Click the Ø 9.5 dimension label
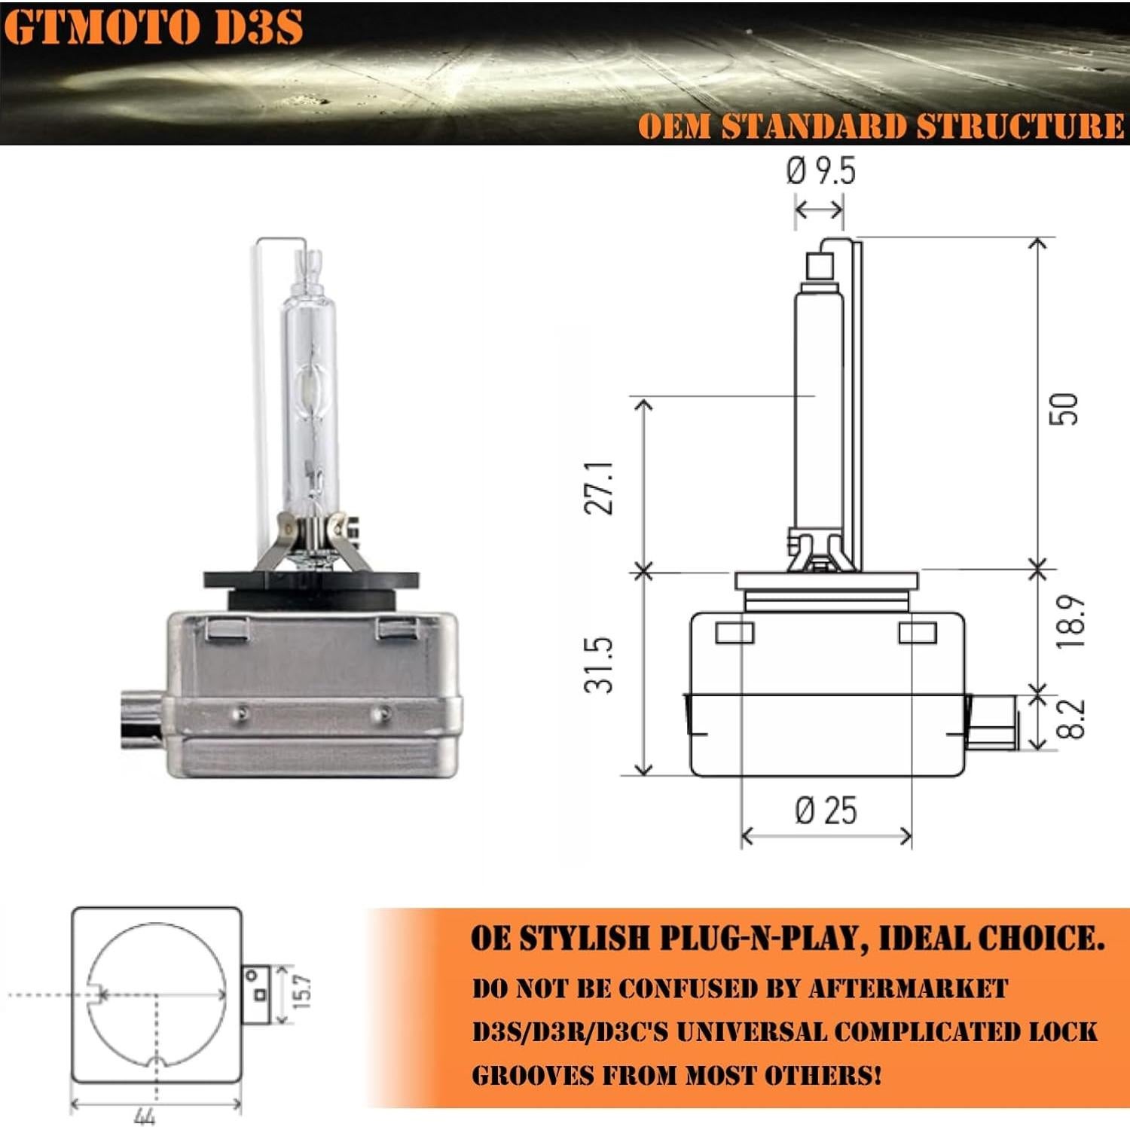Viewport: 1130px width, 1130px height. (820, 171)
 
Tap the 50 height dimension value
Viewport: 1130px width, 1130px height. (1064, 409)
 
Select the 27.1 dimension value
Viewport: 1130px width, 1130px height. (600, 488)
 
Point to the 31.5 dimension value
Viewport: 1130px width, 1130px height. (600, 664)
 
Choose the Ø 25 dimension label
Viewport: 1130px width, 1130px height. (826, 811)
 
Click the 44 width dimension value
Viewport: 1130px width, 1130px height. (144, 1116)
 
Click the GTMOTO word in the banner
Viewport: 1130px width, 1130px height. (102, 28)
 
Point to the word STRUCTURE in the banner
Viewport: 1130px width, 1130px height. (1021, 126)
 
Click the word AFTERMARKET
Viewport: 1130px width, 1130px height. (908, 988)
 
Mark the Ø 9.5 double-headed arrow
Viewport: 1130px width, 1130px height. (819, 209)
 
